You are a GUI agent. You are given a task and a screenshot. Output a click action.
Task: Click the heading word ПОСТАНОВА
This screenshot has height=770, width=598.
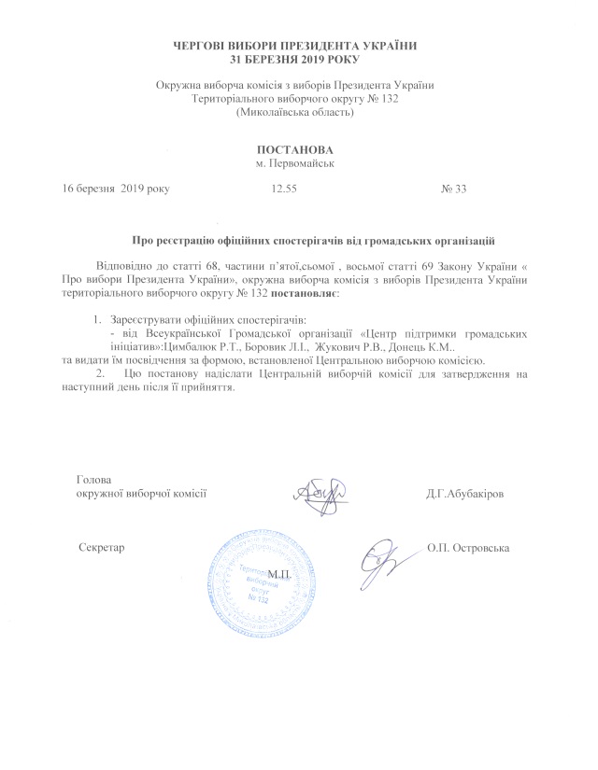(x=295, y=149)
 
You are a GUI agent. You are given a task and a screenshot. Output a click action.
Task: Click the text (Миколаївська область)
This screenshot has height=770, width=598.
(x=295, y=113)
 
